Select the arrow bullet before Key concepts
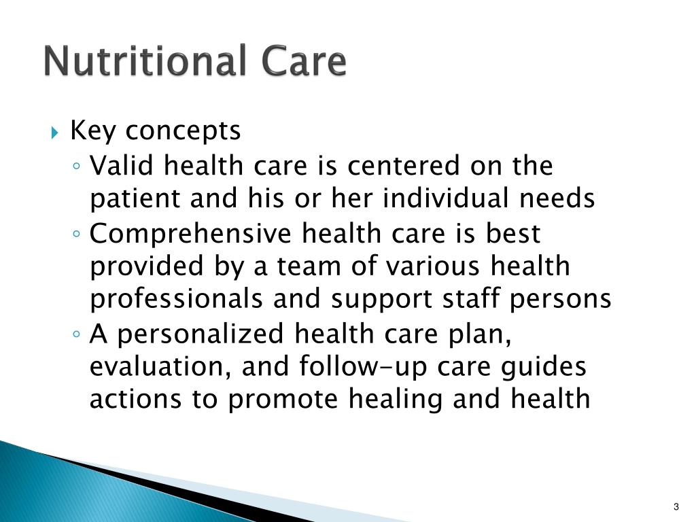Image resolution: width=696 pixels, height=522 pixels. point(56,131)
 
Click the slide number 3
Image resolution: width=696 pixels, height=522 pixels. point(676,506)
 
